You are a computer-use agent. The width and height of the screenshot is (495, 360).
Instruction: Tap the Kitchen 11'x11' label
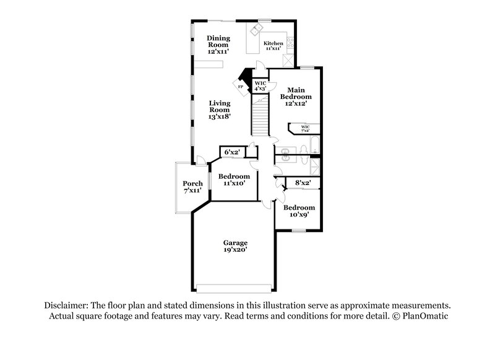[x=273, y=44]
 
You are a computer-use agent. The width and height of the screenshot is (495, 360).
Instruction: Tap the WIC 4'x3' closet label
[x=260, y=85]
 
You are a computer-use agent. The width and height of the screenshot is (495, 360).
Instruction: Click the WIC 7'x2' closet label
[x=305, y=129]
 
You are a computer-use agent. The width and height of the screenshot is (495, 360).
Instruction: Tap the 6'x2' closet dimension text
[x=231, y=152]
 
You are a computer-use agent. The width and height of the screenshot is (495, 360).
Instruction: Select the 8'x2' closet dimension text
[x=303, y=183]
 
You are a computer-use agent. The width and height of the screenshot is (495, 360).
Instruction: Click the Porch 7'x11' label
[x=192, y=187]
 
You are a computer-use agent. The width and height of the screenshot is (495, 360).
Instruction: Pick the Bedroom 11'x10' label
[x=234, y=179]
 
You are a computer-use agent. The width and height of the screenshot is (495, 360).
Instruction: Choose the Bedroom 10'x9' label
[x=299, y=211]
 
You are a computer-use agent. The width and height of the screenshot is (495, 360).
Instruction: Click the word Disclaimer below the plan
[x=66, y=306]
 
